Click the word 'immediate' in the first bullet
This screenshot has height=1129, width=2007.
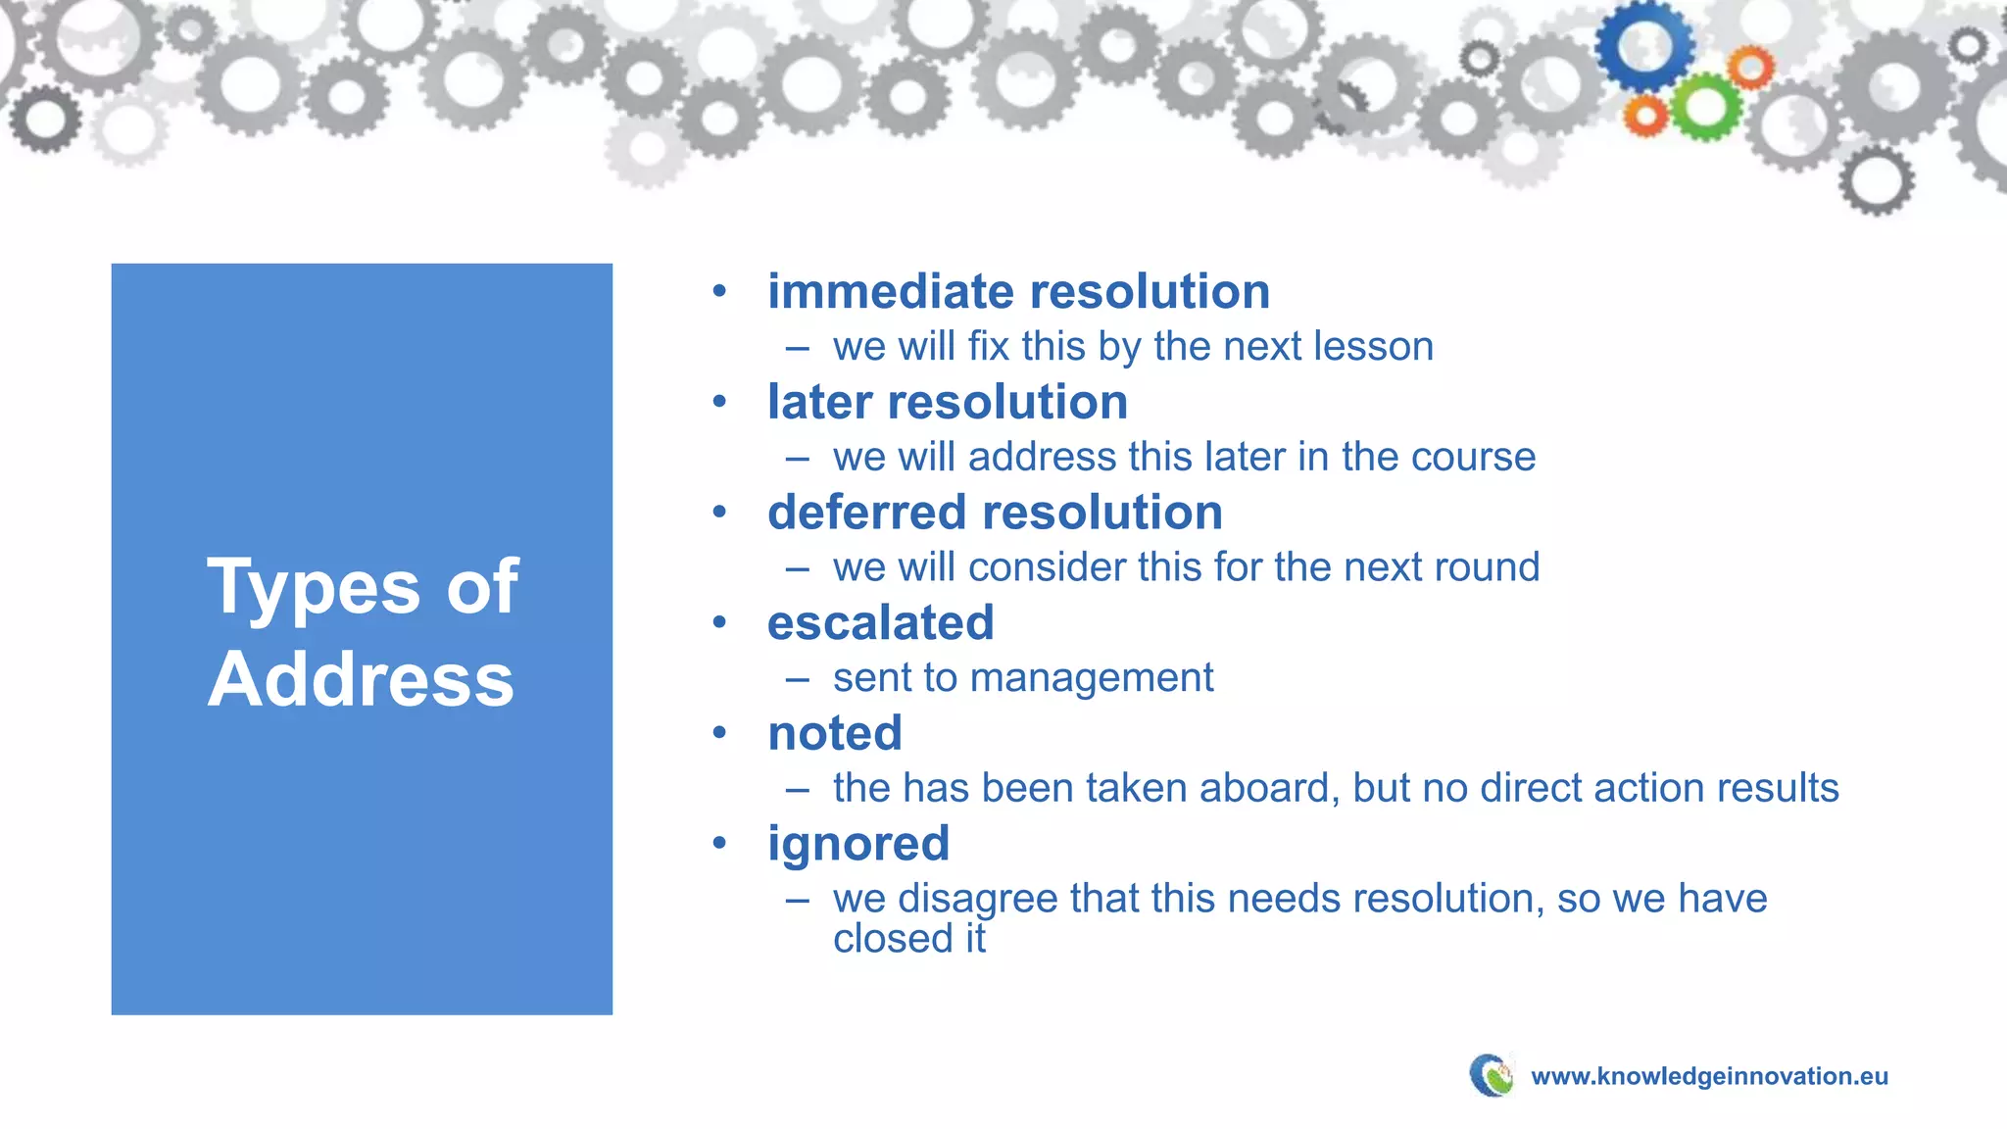[x=890, y=292]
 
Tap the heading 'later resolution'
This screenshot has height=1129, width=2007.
[x=947, y=403]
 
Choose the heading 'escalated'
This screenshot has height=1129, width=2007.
[x=880, y=623]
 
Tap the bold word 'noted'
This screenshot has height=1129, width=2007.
[x=834, y=734]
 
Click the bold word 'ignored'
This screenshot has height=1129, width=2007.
[x=857, y=844]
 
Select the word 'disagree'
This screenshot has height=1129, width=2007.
[x=977, y=900]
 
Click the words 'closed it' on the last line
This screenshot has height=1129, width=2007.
[x=908, y=940]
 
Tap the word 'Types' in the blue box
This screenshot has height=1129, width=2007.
[x=315, y=588]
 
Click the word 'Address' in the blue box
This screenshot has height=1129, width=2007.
[x=361, y=679]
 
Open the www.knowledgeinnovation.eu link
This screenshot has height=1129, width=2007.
[x=1708, y=1076]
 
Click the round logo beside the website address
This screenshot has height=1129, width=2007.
[x=1493, y=1075]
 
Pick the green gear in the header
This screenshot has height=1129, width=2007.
[x=1705, y=108]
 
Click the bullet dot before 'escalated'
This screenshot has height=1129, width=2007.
[x=720, y=622]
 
